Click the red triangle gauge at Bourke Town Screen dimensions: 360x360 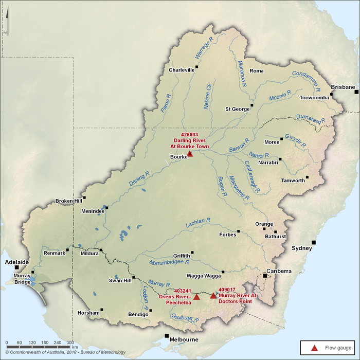[x=190, y=153]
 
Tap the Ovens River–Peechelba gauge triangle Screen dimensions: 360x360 [x=196, y=297]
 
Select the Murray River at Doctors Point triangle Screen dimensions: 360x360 [x=213, y=295]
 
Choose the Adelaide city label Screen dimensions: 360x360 [x=17, y=261]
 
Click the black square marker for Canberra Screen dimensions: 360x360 [x=265, y=276]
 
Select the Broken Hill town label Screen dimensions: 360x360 [x=69, y=201]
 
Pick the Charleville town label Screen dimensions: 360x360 [x=182, y=70]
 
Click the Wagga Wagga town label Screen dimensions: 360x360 [x=206, y=276]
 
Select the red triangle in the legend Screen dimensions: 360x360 [x=315, y=348]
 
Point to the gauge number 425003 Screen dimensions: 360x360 [x=190, y=135]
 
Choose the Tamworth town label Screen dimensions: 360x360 [x=293, y=181]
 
